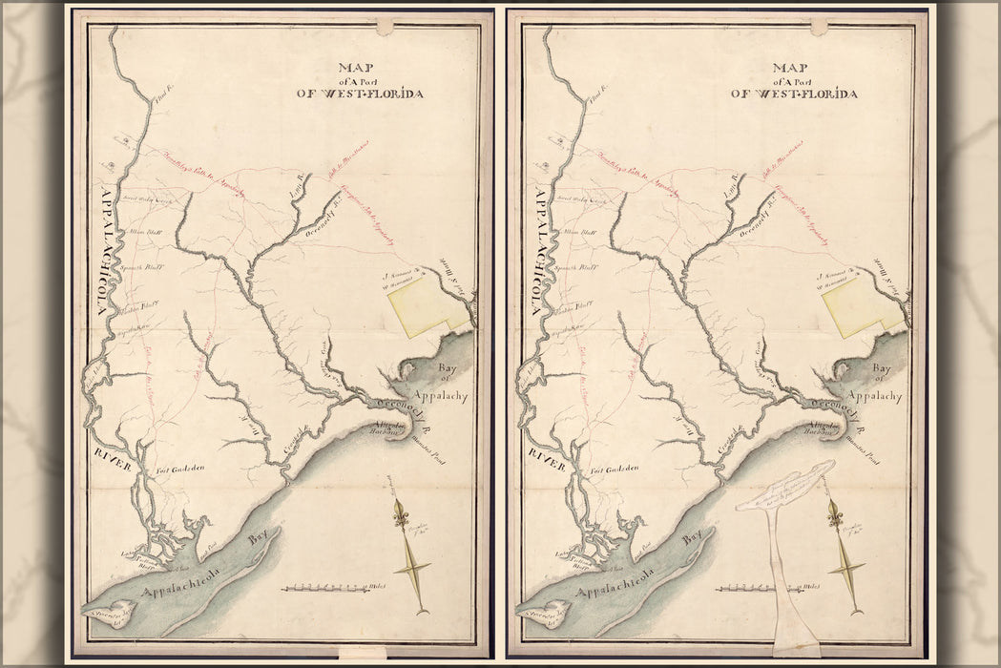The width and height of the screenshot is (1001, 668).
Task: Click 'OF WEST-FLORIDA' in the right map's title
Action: click(359, 94)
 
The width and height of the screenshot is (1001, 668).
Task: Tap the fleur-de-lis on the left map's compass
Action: click(402, 516)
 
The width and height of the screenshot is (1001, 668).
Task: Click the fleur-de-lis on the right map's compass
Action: click(837, 516)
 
